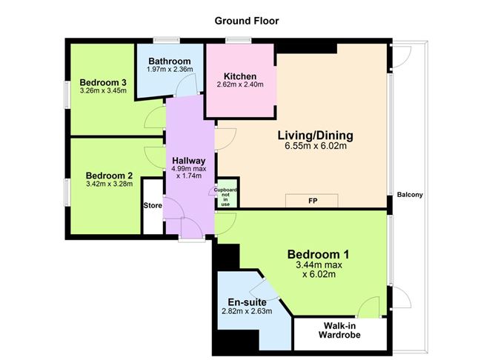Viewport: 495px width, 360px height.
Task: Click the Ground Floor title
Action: (247, 21)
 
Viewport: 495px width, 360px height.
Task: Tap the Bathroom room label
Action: (170, 61)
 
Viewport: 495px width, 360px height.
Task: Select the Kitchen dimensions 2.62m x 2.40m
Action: (240, 85)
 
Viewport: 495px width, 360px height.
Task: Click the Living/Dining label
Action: (315, 136)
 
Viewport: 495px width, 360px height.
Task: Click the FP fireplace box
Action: (312, 200)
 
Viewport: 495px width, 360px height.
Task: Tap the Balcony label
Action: (410, 195)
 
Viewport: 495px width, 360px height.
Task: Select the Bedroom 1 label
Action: (319, 255)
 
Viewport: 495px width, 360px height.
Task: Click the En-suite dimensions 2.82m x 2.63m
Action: (247, 311)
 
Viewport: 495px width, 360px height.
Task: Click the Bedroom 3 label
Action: (103, 82)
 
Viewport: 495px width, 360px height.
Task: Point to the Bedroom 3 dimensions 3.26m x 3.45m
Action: (103, 91)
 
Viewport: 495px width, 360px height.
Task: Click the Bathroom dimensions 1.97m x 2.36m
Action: (170, 70)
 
